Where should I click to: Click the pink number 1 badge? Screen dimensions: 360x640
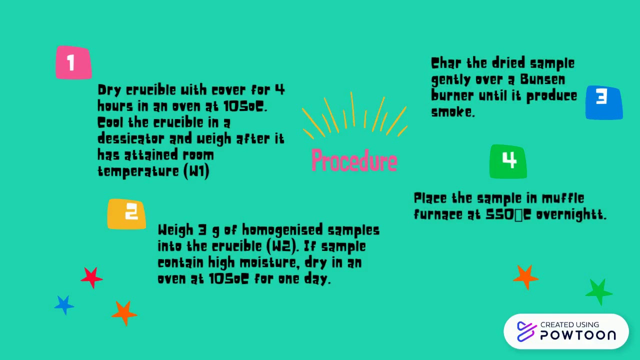[73, 63]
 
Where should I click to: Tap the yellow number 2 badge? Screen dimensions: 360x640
[126, 214]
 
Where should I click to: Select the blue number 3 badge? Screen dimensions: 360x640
[604, 103]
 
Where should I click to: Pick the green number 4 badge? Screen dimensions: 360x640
[508, 161]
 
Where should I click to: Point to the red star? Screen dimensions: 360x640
[91, 277]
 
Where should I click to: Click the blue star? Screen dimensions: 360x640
[64, 304]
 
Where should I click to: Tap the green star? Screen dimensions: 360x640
[598, 291]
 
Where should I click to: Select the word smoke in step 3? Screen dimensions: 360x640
[452, 112]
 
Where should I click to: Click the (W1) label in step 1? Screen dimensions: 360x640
[196, 171]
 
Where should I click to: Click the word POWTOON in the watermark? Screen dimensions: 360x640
[578, 335]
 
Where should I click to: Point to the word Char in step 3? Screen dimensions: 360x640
[447, 63]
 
